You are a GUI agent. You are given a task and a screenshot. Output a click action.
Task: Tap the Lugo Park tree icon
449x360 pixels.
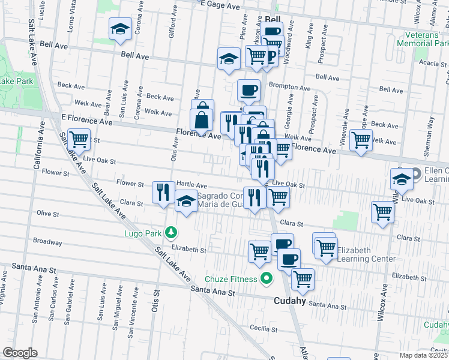coord(171,232)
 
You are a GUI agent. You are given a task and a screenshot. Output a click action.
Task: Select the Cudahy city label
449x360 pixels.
coord(291,301)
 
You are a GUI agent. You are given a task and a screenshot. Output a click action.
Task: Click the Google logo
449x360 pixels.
coord(20,353)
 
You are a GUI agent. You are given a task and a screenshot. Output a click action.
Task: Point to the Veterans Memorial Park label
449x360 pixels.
coord(423,39)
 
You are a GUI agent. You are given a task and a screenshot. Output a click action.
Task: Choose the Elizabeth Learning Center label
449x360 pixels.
coord(366,254)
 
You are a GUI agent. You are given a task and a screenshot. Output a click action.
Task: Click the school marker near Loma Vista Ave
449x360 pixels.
coord(120,28)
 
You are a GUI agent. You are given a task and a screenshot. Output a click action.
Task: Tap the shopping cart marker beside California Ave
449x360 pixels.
coord(79,140)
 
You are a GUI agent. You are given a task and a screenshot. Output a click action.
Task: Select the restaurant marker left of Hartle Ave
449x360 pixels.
coord(163,192)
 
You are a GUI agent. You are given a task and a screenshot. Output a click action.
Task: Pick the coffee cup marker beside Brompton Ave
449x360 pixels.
coord(249,91)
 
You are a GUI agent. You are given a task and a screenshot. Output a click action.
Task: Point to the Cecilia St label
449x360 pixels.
coord(264,329)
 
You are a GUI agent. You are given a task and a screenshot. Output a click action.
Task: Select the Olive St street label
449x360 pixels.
coord(47,214)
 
